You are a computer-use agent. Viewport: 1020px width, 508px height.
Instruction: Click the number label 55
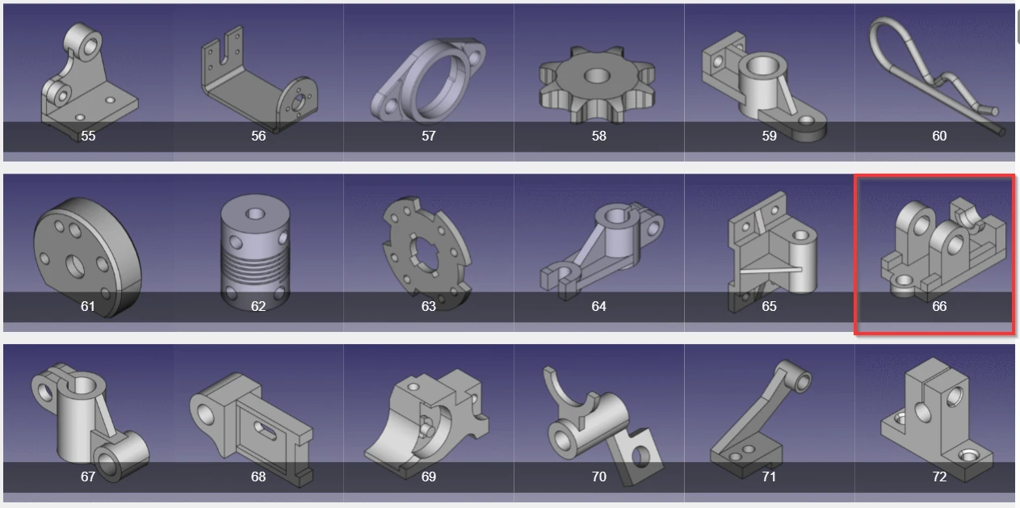tap(88, 136)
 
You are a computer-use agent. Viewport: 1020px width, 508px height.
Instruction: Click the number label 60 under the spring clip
tap(939, 136)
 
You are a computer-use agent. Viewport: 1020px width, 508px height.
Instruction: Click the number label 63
tap(429, 306)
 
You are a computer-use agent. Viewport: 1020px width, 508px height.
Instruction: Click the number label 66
tap(939, 306)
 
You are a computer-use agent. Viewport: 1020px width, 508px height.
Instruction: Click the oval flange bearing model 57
tap(428, 81)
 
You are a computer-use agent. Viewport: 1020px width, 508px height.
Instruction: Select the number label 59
tap(770, 136)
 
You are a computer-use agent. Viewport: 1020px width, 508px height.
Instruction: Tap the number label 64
tap(599, 306)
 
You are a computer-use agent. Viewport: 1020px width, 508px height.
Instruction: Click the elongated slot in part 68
tap(265, 431)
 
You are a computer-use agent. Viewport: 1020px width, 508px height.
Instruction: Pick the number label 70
tap(599, 477)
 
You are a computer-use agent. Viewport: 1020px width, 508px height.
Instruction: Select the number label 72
tap(939, 477)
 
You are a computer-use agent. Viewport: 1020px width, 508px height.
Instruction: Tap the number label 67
tap(88, 477)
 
